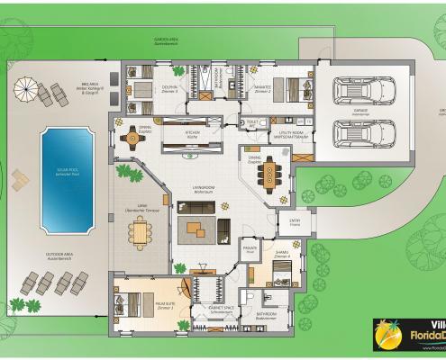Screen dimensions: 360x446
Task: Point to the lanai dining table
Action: click(141, 231)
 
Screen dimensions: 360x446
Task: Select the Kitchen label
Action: click(192, 133)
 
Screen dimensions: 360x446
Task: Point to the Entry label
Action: click(294, 220)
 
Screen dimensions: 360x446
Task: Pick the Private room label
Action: click(250, 250)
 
